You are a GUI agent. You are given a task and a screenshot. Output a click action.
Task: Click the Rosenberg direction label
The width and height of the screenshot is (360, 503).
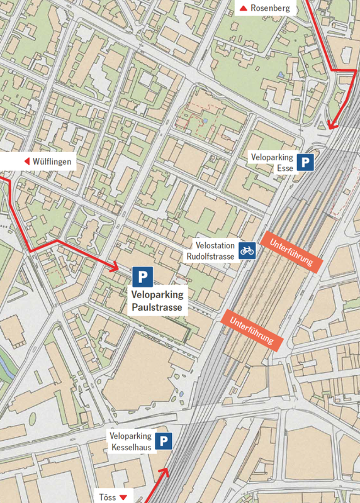pyautogui.click(x=270, y=8)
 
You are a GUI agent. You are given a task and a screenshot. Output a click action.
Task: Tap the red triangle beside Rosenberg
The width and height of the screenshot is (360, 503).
pyautogui.click(x=243, y=8)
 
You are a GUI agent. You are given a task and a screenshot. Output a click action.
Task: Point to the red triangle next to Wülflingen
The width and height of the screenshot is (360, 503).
pyautogui.click(x=27, y=162)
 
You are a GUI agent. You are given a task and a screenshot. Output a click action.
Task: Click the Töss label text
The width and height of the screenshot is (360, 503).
pyautogui.click(x=107, y=497)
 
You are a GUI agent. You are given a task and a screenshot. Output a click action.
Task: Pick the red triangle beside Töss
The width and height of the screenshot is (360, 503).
pyautogui.click(x=123, y=497)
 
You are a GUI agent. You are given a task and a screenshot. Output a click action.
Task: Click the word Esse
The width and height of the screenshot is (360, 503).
pyautogui.click(x=285, y=169)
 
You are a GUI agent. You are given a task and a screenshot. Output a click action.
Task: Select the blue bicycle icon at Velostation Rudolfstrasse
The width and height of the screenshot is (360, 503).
pyautogui.click(x=247, y=251)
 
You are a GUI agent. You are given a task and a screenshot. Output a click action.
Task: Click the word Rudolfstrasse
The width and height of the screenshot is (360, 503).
pyautogui.click(x=210, y=257)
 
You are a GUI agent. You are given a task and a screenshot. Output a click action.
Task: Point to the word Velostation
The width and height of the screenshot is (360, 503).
pyautogui.click(x=215, y=246)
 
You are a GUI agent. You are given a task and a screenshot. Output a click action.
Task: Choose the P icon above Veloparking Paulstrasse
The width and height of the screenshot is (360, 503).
pyautogui.click(x=143, y=276)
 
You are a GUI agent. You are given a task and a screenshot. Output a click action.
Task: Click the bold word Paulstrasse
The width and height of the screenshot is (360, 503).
pyautogui.click(x=157, y=307)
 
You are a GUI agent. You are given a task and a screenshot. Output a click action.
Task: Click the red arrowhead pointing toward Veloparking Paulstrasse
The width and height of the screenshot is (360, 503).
pyautogui.click(x=115, y=268)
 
